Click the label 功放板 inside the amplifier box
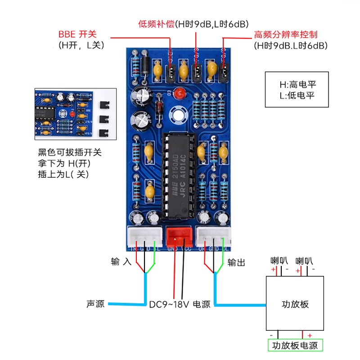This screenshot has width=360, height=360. (x=295, y=304)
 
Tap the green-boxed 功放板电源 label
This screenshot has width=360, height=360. (x=295, y=346)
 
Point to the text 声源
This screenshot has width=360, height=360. (x=95, y=304)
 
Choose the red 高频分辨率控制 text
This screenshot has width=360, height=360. (x=286, y=35)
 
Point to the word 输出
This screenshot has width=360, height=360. (x=236, y=262)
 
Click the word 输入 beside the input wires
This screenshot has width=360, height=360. (x=121, y=261)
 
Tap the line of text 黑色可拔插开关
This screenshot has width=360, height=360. (x=70, y=153)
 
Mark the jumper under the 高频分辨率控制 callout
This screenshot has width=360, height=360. (x=225, y=71)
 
